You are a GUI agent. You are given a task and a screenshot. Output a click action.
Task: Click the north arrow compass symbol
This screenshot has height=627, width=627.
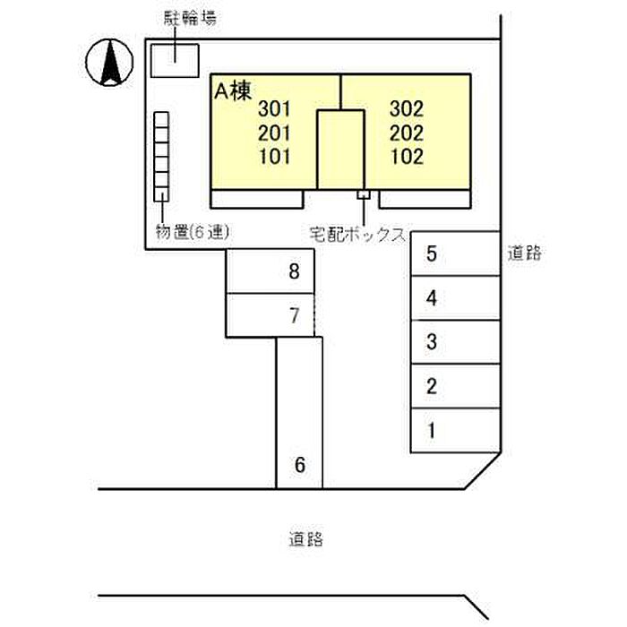[109, 63]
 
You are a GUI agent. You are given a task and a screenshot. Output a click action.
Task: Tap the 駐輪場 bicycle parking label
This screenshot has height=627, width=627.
[190, 19]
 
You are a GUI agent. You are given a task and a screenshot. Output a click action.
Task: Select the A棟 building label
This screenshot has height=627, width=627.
[233, 92]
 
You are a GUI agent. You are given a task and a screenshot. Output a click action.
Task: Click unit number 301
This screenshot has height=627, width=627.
[274, 108]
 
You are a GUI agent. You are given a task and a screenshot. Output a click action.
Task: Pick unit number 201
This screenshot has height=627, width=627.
[274, 133]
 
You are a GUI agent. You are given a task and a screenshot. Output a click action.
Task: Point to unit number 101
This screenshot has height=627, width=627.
[275, 157]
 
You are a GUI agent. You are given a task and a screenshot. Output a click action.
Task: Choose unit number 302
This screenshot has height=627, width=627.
[407, 108]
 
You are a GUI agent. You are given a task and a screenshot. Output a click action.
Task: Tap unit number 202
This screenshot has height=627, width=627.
[407, 133]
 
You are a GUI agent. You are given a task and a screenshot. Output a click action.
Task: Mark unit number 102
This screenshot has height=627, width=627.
[407, 157]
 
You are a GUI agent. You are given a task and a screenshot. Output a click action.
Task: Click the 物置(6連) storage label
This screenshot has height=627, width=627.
[193, 232]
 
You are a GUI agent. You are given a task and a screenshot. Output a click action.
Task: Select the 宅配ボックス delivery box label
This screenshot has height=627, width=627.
[358, 235]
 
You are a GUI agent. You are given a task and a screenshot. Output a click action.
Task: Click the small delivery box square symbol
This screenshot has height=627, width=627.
[364, 194]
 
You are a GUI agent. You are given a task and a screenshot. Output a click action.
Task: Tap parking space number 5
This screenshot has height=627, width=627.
[431, 253]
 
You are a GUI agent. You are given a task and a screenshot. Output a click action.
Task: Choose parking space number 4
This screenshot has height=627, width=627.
[431, 298]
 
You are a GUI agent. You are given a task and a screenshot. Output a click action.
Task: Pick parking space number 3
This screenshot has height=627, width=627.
[432, 342]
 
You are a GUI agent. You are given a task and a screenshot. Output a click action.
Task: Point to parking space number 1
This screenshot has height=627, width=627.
[432, 431]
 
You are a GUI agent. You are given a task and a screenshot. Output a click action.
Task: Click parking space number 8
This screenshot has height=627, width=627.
[295, 271]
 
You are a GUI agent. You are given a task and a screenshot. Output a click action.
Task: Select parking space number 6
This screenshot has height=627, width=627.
[300, 465]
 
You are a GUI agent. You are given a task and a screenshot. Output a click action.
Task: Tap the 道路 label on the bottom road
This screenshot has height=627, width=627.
[306, 539]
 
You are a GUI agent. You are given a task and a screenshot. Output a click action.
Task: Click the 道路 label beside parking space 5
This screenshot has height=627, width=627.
[524, 253]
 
